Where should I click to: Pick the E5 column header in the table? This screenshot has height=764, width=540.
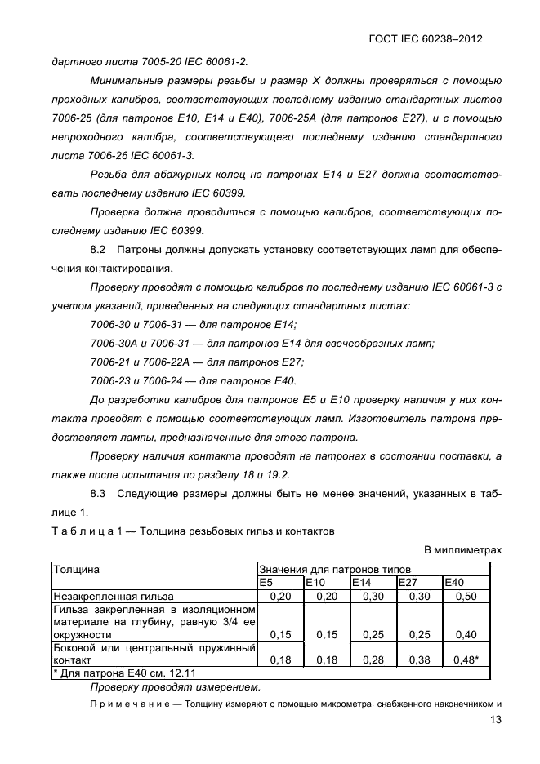point(266,582)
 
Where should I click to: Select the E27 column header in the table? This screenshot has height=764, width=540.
point(407,582)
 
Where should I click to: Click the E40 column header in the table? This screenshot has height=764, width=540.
point(453,582)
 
